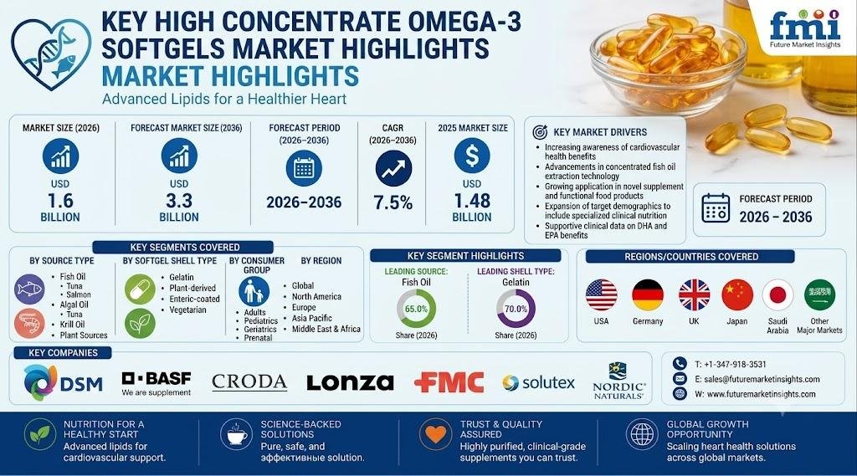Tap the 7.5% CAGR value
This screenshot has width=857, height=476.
(x=393, y=202)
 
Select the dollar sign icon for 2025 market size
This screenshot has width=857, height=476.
(x=472, y=156)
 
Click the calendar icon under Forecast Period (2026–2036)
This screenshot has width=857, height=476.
(x=304, y=169)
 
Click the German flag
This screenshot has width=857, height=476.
(x=648, y=295)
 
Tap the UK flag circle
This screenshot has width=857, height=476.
(x=694, y=295)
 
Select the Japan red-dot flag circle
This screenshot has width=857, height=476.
(x=777, y=295)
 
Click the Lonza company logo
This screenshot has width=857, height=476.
(x=350, y=382)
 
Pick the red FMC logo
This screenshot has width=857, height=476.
(x=449, y=382)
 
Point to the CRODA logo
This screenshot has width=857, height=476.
(x=249, y=382)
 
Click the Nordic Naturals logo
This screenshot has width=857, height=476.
(x=618, y=381)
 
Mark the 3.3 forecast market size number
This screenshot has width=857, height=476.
(x=179, y=201)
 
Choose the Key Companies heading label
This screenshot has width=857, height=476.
(x=63, y=353)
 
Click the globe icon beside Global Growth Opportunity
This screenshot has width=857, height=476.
(x=642, y=434)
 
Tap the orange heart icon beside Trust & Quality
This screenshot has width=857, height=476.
(x=435, y=434)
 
